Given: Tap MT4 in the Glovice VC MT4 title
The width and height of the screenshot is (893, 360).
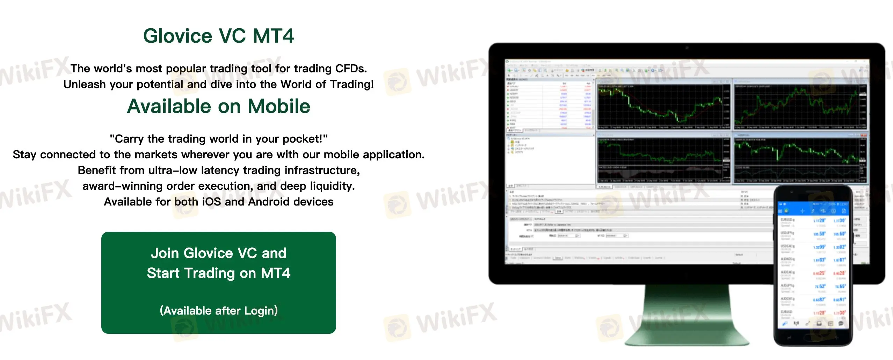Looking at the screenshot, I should point(273,36).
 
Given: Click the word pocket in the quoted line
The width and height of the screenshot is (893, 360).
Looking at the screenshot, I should point(302,139).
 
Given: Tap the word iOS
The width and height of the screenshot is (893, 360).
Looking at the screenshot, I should point(211,202).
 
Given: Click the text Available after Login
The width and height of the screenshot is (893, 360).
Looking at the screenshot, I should point(219,310).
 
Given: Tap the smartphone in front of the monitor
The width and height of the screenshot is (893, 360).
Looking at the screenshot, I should point(813,266).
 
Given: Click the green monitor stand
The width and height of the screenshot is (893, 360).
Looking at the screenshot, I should point(687,315).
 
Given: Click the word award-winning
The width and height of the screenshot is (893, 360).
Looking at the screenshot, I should point(121,186).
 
